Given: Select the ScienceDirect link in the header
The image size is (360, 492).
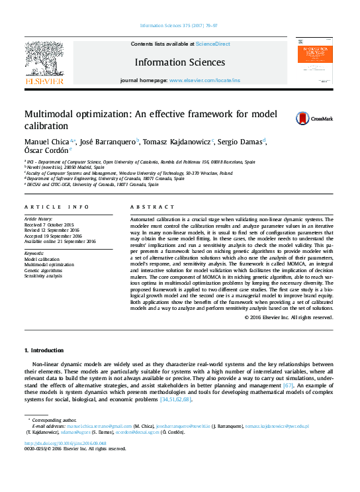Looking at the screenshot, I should click(x=212, y=44).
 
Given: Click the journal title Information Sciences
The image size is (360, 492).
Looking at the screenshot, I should click(x=179, y=63).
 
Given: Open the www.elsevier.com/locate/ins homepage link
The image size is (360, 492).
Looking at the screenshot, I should click(x=204, y=80).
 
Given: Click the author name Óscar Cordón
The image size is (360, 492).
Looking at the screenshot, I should click(x=46, y=152).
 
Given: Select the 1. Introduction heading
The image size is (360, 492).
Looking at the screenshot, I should click(x=44, y=350).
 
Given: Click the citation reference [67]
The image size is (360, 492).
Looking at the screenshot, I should click(x=288, y=385).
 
